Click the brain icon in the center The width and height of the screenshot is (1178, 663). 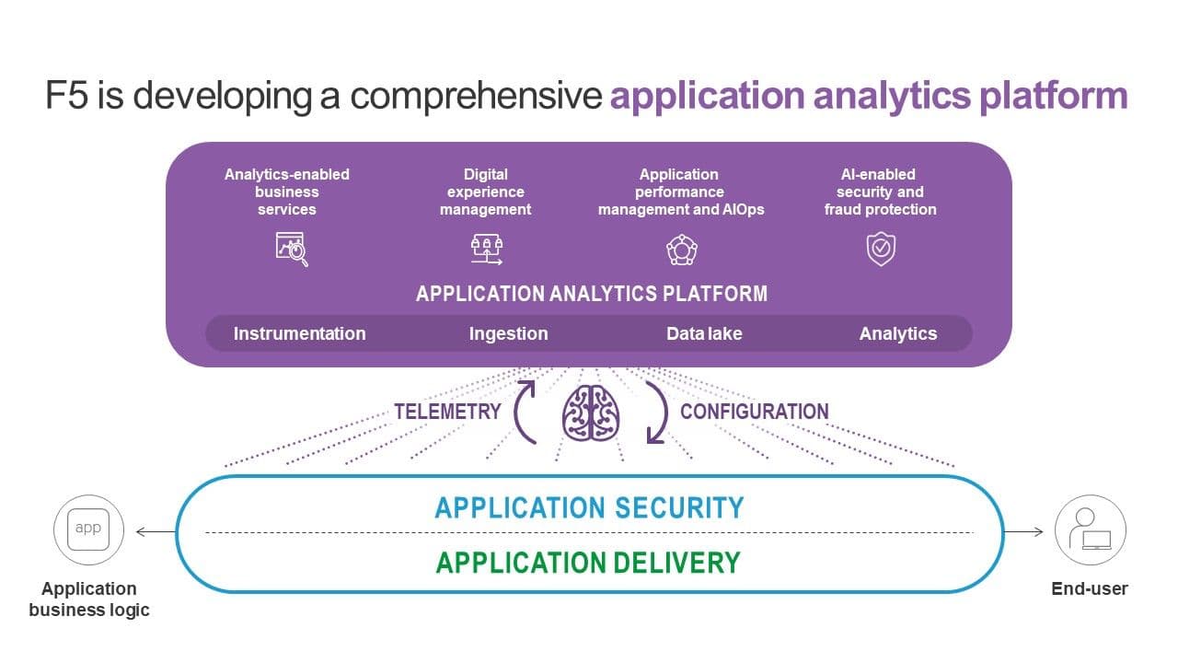pos(591,413)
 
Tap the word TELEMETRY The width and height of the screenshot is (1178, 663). pos(447,412)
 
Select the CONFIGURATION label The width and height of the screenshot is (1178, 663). pos(754,412)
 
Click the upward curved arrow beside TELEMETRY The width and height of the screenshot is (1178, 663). pos(525,412)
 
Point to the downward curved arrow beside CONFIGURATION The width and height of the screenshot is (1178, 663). pos(656,412)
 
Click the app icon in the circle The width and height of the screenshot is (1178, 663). pos(88,529)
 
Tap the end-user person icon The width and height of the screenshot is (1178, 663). pos(1090,529)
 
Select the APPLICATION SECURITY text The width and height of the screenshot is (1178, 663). pos(589,507)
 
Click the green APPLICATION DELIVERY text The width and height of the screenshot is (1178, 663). pos(588,562)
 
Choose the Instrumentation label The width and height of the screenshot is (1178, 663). pos(299,333)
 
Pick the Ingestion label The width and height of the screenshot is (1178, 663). pos(508,333)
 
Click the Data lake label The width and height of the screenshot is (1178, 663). pos(704,333)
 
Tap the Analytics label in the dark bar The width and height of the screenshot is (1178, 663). pos(897,333)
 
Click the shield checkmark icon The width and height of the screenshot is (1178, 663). pos(881,249)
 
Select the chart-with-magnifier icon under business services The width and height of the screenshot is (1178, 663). pos(292,249)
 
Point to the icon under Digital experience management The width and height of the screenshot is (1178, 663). pos(486,249)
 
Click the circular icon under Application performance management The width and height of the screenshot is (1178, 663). pos(681,249)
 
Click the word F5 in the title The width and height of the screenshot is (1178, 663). pos(66,96)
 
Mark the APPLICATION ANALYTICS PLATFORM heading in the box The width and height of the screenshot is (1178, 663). pos(591,294)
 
